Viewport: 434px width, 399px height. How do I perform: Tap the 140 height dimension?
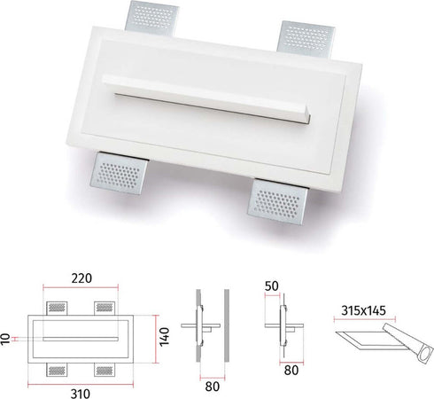point(164,336)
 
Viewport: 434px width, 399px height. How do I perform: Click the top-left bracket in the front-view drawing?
point(57,308)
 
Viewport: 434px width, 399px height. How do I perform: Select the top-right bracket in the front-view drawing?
point(106,308)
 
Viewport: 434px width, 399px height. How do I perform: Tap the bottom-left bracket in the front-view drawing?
point(57,366)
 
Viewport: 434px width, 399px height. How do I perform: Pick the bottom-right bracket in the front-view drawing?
point(106,366)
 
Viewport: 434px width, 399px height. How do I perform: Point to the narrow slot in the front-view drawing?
point(81,338)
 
